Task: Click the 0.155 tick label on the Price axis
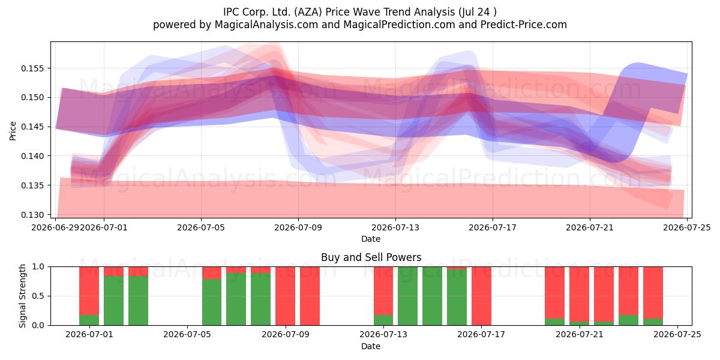coord(32,68)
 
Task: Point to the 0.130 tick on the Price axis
coord(32,215)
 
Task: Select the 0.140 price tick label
coord(32,156)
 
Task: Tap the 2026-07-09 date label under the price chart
coord(298,227)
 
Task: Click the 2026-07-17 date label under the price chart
coord(493,227)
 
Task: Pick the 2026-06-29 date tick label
coord(55,227)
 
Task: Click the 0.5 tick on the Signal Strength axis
coord(38,296)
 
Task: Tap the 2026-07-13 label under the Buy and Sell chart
coord(383,335)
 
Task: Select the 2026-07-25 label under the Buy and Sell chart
coord(677,335)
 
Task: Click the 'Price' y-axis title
coord(13,131)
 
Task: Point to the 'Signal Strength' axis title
coord(22,296)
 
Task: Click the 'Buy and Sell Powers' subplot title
coord(371,257)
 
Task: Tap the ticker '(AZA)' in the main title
coord(307,12)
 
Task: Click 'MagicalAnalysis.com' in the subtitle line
coord(266,25)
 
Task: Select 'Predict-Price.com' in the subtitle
coord(524,25)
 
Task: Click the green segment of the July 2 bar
coord(114,301)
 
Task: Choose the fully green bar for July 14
coord(408,296)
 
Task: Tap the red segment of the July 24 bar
coord(653,293)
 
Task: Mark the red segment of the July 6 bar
coord(212,273)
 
